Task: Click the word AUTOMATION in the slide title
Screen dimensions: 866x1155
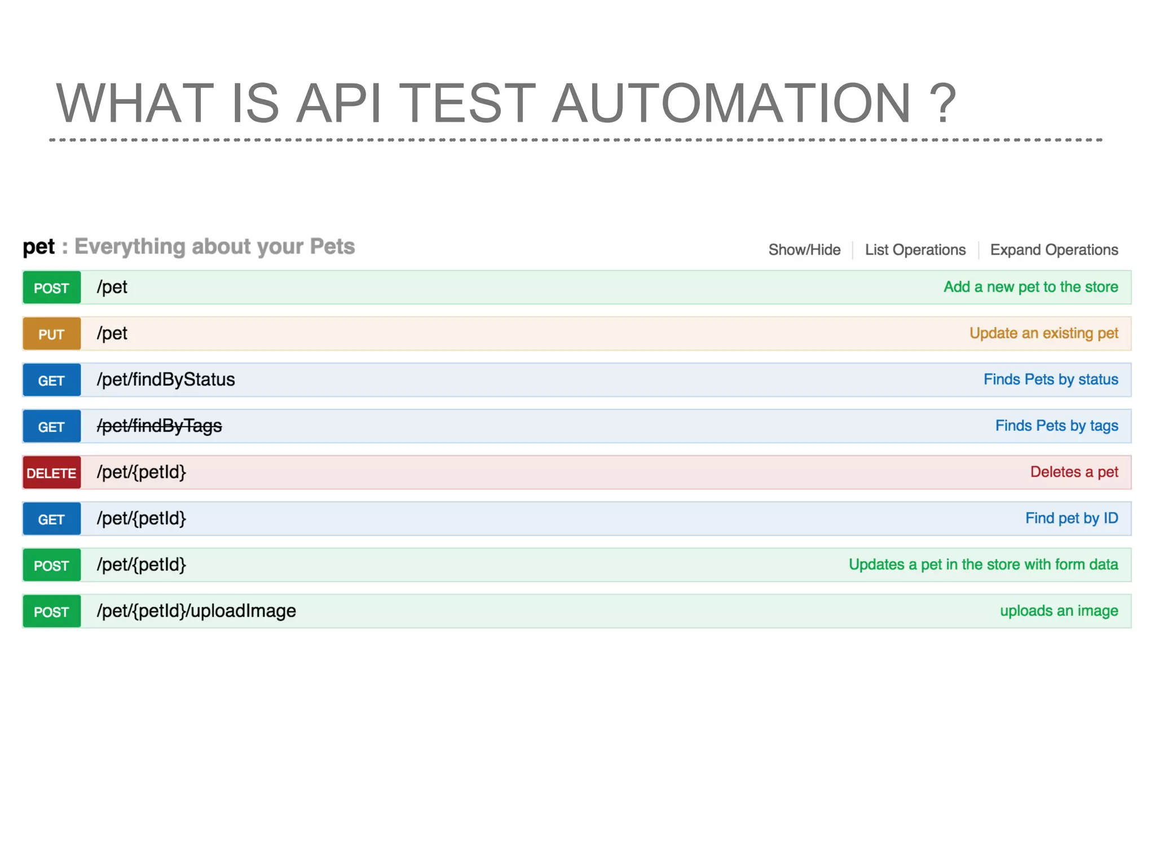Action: [x=731, y=103]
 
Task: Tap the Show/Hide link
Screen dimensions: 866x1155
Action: [x=804, y=250]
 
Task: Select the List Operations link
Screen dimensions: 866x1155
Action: [x=915, y=250]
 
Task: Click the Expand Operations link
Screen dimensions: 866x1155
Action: [x=1053, y=250]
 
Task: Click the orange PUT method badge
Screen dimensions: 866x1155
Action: [x=51, y=334]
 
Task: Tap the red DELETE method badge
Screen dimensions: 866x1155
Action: [x=51, y=472]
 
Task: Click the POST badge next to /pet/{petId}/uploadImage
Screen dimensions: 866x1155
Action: [x=51, y=611]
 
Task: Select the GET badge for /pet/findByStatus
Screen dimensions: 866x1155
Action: [x=51, y=380]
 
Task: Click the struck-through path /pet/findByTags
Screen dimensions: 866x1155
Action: [x=159, y=426]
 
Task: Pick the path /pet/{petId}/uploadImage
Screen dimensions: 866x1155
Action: [x=196, y=611]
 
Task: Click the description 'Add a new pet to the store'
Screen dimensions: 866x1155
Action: [x=1030, y=287]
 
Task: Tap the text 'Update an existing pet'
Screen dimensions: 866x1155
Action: [x=1043, y=333]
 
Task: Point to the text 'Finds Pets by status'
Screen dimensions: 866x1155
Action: [x=1050, y=379]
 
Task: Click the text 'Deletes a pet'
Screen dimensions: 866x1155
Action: [x=1074, y=472]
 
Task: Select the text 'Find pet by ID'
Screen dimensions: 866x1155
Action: [x=1071, y=518]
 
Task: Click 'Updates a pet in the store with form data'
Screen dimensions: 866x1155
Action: [x=983, y=564]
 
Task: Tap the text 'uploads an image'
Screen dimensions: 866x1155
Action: [x=1059, y=611]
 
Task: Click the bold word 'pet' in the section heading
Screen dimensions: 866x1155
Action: [x=38, y=247]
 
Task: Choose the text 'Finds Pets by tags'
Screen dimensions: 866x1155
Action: [x=1056, y=426]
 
